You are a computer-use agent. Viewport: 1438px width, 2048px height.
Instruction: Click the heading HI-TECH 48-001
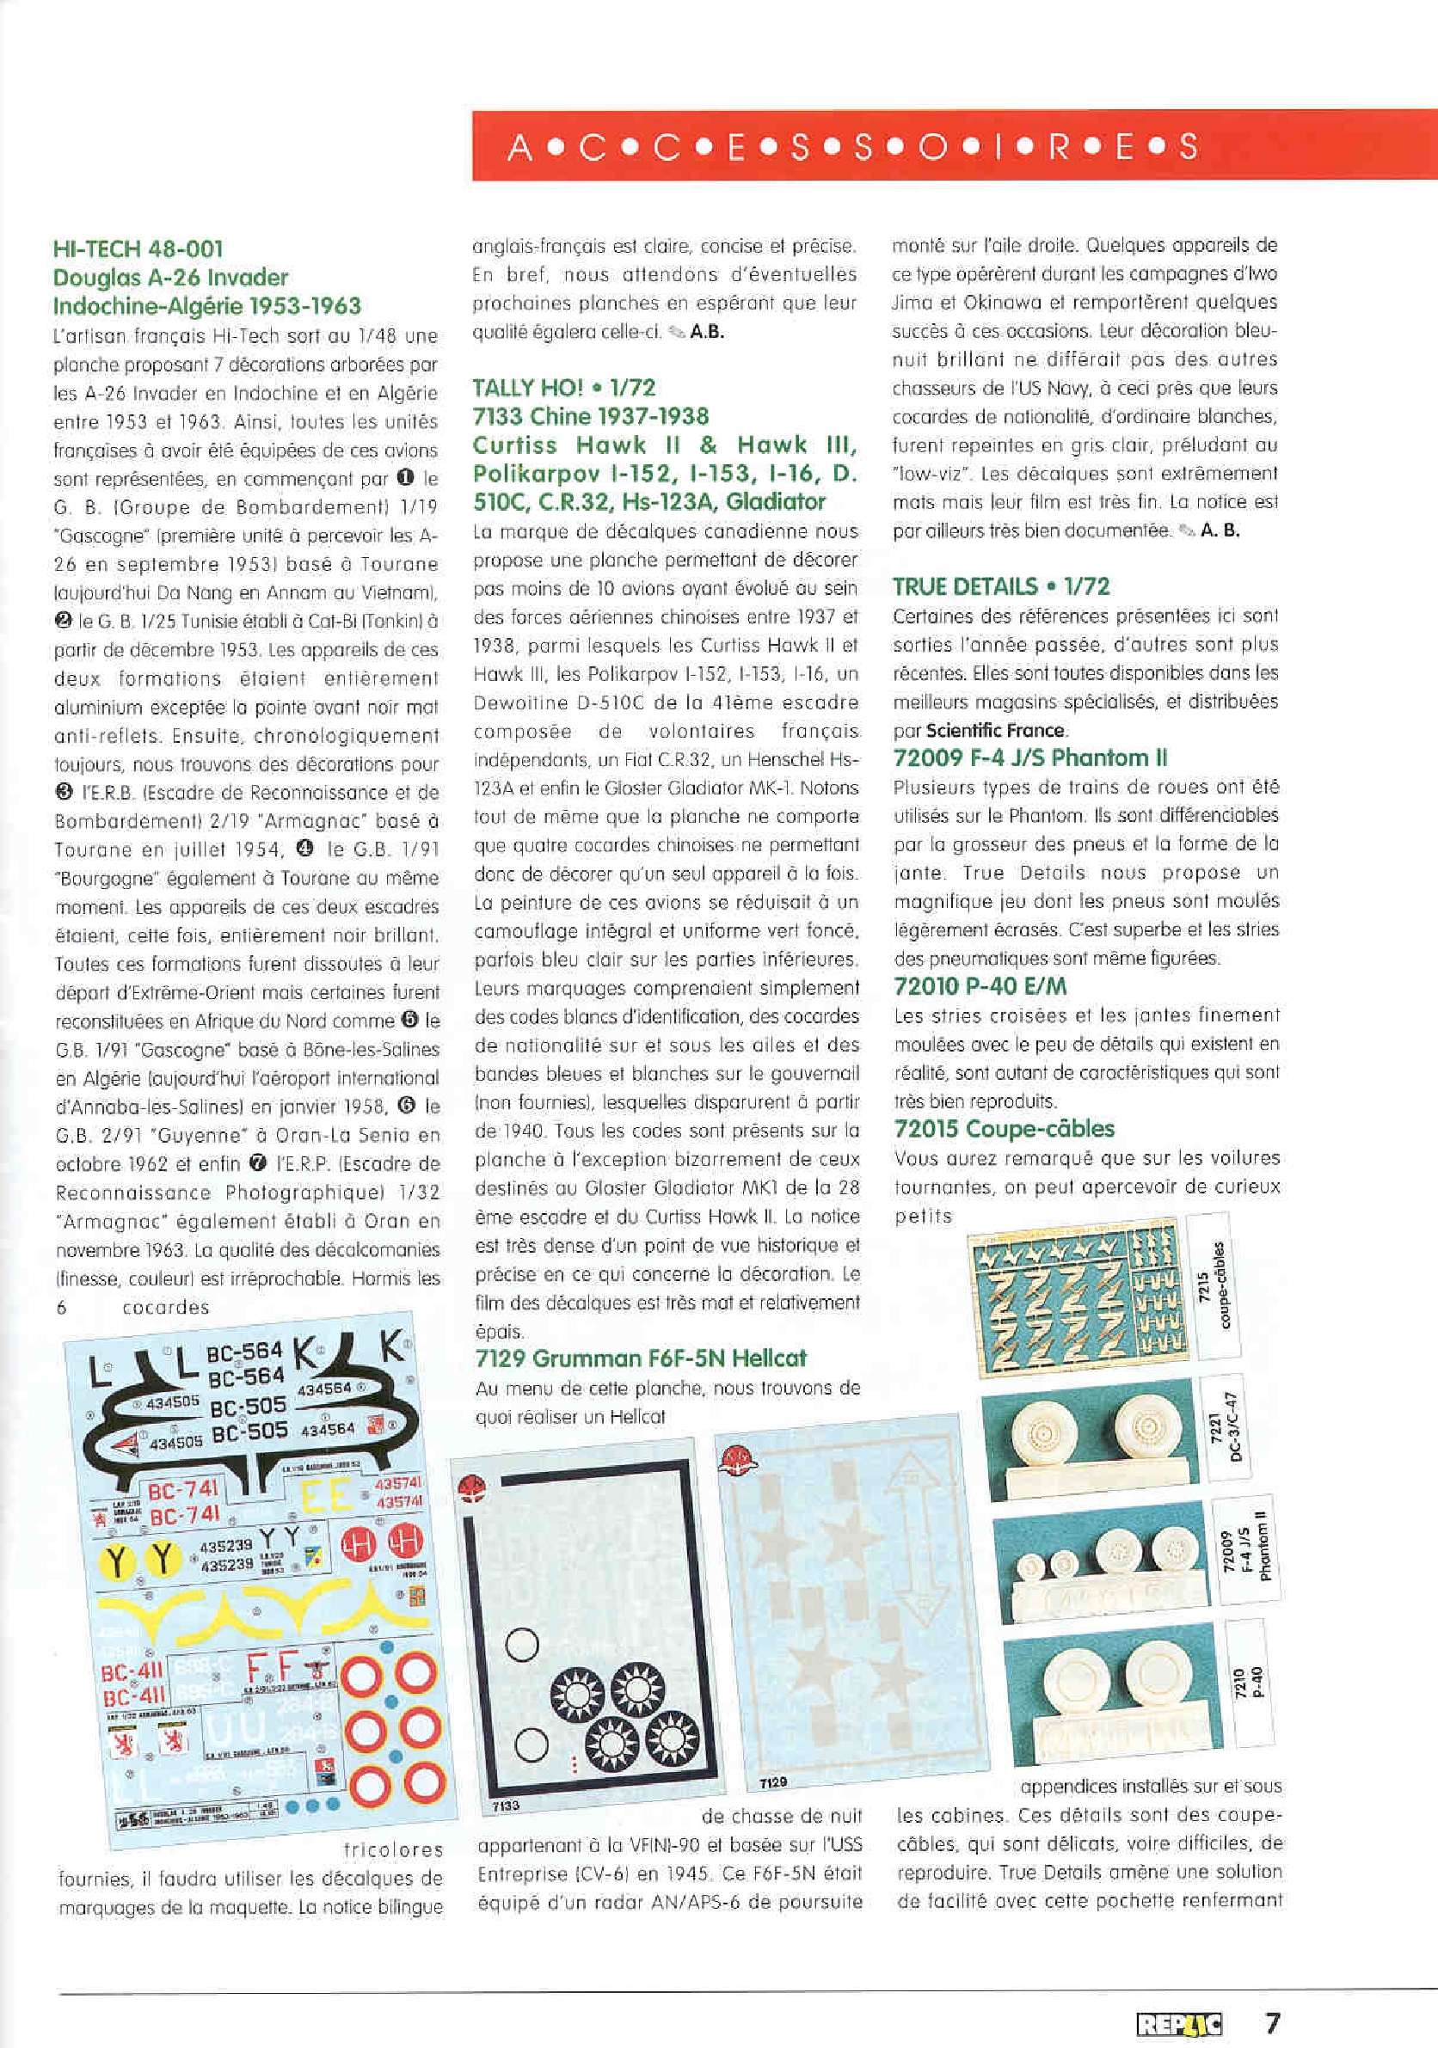pyautogui.click(x=138, y=248)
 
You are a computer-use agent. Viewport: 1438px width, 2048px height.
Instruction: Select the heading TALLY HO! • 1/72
pyautogui.click(x=564, y=387)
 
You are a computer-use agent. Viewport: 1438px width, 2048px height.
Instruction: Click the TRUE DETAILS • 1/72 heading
pyautogui.click(x=1001, y=586)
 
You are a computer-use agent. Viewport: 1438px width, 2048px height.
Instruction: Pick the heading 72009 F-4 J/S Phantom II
pyautogui.click(x=1030, y=758)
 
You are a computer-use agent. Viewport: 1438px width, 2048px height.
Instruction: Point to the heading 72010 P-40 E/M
pyautogui.click(x=980, y=985)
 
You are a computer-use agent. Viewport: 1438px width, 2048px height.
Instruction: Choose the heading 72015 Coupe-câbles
pyautogui.click(x=1004, y=1128)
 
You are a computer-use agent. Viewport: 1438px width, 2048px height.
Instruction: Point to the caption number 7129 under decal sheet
pyautogui.click(x=772, y=1782)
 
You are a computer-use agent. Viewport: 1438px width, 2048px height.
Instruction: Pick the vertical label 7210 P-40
pyautogui.click(x=1250, y=1683)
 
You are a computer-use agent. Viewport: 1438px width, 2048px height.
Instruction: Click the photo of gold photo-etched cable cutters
pyautogui.click(x=1078, y=1290)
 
